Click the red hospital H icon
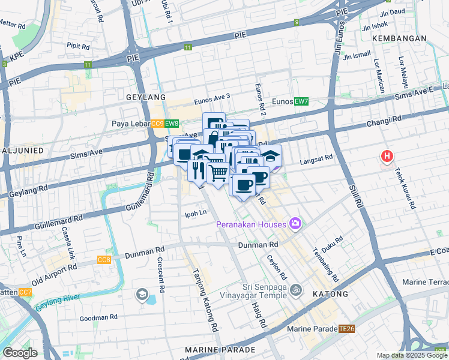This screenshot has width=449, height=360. click(387, 157)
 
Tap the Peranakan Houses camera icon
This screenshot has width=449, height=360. click(295, 224)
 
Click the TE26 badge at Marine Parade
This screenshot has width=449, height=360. click(346, 328)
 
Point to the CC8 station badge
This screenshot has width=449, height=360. click(104, 260)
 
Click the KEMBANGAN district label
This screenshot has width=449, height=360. click(399, 38)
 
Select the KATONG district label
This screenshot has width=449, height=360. click(330, 294)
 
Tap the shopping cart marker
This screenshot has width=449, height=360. click(218, 172)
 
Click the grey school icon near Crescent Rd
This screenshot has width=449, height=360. click(142, 293)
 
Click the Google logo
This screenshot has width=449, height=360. click(20, 353)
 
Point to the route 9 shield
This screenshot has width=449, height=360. click(296, 22)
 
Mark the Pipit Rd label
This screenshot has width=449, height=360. click(78, 46)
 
